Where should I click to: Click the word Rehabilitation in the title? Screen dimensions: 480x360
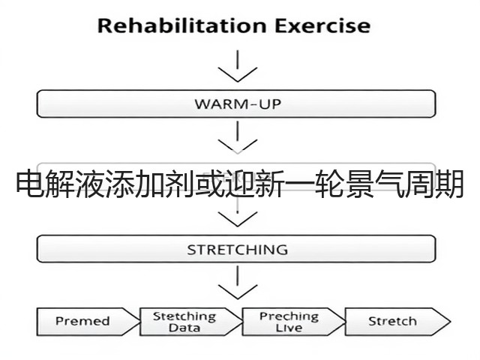pyautogui.click(x=181, y=25)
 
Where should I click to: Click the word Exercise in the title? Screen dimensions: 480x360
pyautogui.click(x=322, y=25)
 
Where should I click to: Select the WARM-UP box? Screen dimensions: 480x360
pyautogui.click(x=236, y=103)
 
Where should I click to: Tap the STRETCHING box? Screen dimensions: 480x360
pyautogui.click(x=236, y=249)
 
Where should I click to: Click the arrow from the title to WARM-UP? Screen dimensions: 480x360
pyautogui.click(x=238, y=66)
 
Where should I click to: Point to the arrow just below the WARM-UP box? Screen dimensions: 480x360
pyautogui.click(x=238, y=137)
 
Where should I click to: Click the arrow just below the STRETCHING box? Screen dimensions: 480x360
pyautogui.click(x=238, y=282)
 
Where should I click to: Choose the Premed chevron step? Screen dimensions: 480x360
pyautogui.click(x=88, y=322)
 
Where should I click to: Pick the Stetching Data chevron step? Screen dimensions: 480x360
pyautogui.click(x=190, y=322)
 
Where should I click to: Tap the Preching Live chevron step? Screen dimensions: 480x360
pyautogui.click(x=293, y=322)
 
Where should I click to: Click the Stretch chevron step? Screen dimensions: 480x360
pyautogui.click(x=397, y=322)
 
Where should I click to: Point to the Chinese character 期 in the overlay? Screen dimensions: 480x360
pyautogui.click(x=449, y=184)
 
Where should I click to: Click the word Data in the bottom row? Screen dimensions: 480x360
pyautogui.click(x=184, y=328)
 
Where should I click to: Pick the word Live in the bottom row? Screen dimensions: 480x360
pyautogui.click(x=289, y=328)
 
